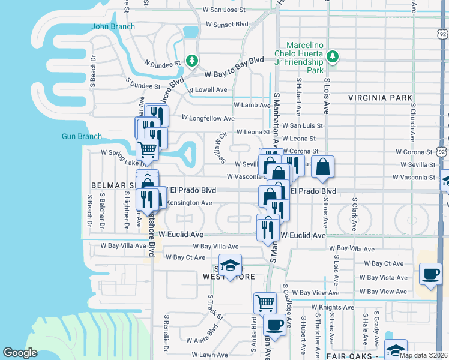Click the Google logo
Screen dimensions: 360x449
[x=20, y=353]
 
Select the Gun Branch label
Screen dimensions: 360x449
[x=82, y=136]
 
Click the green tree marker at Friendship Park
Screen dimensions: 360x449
[x=332, y=58]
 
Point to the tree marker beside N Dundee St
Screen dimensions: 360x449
[x=191, y=61]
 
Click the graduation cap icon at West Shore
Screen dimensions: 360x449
[x=229, y=266]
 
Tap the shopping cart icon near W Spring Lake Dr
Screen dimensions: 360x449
[x=147, y=149]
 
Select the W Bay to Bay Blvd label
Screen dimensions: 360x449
[x=234, y=68]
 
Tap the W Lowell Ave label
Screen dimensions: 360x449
[x=207, y=90]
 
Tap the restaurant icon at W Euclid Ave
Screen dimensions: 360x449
[x=267, y=229]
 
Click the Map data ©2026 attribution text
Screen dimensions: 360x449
[x=424, y=355]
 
